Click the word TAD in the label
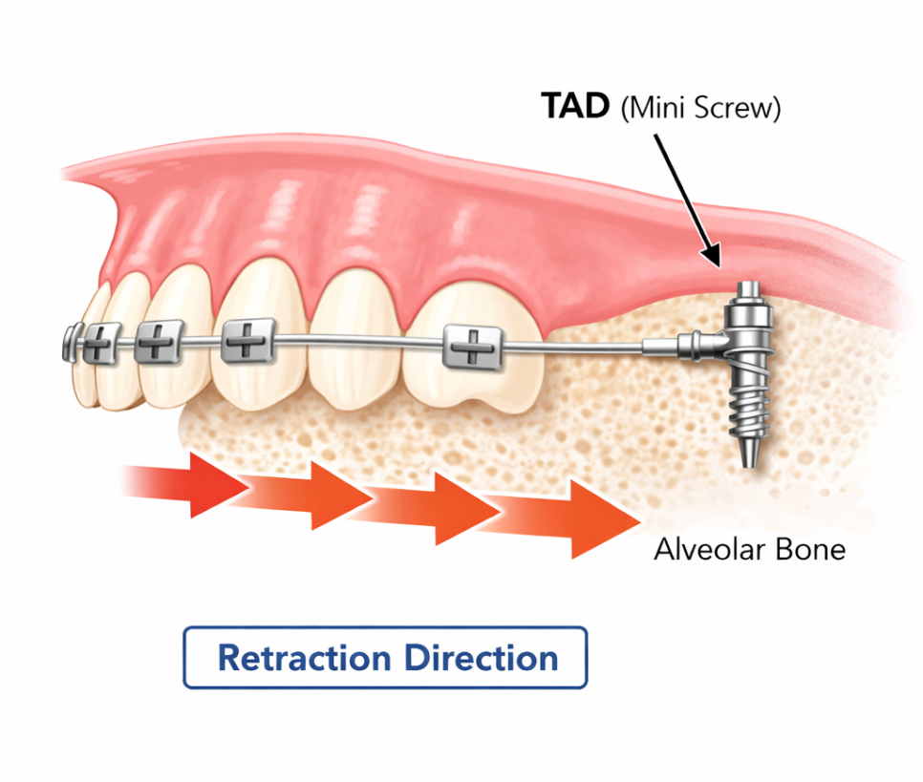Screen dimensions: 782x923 click(x=575, y=107)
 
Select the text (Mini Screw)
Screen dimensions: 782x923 click(x=700, y=109)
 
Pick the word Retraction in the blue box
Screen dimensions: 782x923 click(x=304, y=658)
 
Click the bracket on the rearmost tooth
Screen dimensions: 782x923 click(x=471, y=346)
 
